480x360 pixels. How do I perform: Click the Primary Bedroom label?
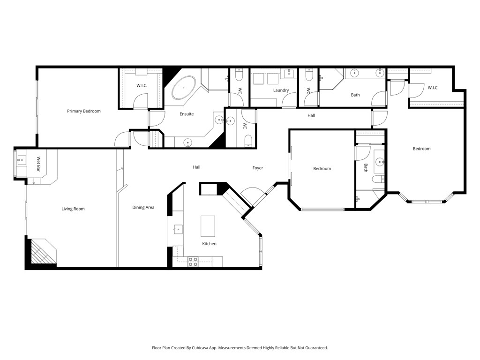click(x=83, y=111)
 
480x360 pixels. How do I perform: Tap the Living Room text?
click(x=73, y=209)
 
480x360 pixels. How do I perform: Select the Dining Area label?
click(x=143, y=207)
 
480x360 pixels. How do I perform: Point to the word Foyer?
click(x=257, y=168)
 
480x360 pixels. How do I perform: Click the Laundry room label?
click(x=281, y=90)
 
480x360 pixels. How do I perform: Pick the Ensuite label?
click(x=187, y=114)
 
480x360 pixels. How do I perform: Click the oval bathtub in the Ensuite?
click(x=183, y=87)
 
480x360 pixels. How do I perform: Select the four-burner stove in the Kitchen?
click(x=193, y=262)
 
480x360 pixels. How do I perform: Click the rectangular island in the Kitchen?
click(x=208, y=226)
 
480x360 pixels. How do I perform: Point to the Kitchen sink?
click(x=178, y=229)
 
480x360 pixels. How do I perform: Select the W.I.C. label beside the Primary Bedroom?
click(x=142, y=85)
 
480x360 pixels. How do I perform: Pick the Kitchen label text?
click(x=209, y=244)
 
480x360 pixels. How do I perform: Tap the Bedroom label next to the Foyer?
click(x=322, y=169)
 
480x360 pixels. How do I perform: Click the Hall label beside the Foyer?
click(x=196, y=167)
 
